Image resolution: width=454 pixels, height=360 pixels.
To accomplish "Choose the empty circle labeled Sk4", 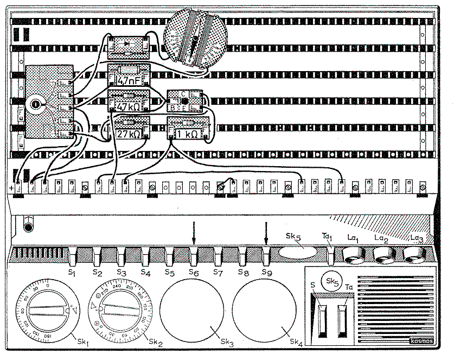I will (265, 310).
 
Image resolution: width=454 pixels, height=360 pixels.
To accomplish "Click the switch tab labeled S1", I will (72, 254).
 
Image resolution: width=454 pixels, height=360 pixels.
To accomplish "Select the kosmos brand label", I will (421, 344).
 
